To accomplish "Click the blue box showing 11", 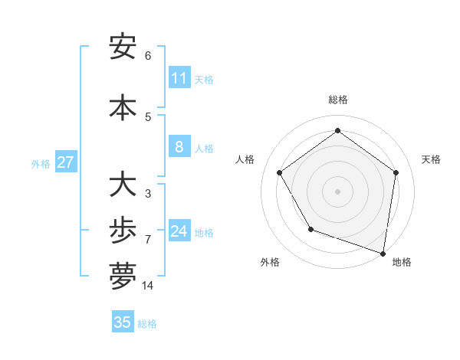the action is (179, 78).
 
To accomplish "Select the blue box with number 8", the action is (179, 147).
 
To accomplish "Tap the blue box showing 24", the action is (179, 231).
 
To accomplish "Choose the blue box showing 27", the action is (65, 162).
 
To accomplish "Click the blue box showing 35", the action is (123, 322).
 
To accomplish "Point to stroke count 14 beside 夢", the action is (147, 286).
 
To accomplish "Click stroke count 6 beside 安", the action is (148, 55).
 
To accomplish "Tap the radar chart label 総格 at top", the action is (337, 100).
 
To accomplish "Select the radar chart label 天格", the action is (431, 159).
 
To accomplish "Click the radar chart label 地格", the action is (402, 262).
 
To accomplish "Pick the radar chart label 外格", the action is (270, 262).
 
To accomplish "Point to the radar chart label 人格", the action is (245, 159).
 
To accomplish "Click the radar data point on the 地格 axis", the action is (383, 253).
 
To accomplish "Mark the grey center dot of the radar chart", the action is (337, 191).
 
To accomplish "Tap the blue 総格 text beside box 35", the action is (147, 324).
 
